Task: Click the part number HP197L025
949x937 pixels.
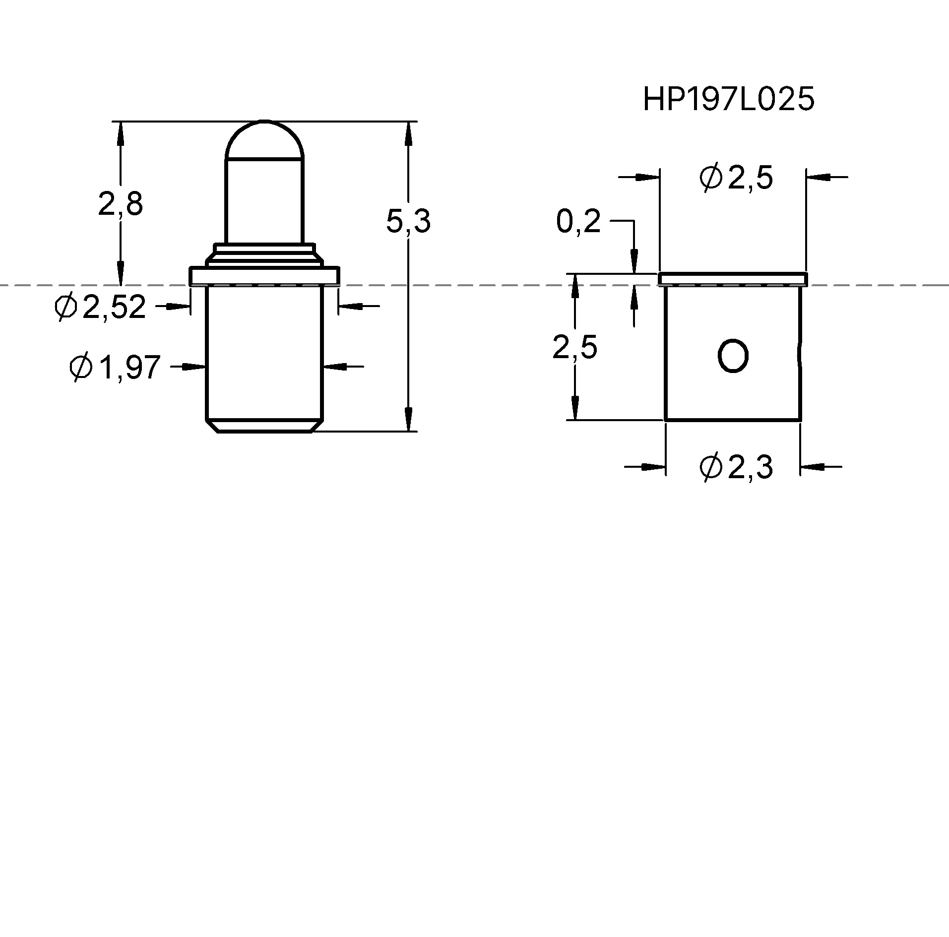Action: pos(728,100)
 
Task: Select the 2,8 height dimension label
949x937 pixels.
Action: pos(121,204)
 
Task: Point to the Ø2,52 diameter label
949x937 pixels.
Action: pos(101,307)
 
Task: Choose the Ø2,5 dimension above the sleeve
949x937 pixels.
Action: pos(736,178)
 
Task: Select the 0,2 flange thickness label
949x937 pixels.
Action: pos(578,221)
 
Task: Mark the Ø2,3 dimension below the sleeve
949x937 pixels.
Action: pos(736,467)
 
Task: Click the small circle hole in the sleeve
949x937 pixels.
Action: pos(733,356)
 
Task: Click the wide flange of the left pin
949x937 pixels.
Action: pos(264,276)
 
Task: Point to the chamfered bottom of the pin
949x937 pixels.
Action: pos(264,426)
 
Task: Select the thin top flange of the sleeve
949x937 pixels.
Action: pos(732,279)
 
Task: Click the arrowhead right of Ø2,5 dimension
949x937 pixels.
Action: pos(816,176)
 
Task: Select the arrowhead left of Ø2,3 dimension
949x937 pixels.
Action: pos(654,467)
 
